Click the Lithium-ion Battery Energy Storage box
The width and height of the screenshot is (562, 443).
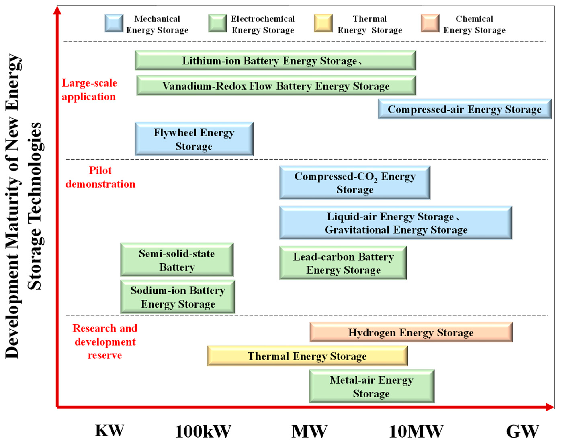275,60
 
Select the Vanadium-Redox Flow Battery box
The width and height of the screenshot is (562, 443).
276,86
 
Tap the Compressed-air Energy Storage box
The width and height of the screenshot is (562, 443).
464,109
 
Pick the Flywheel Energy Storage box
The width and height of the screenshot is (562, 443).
194,139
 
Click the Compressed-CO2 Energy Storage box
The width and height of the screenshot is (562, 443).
355,183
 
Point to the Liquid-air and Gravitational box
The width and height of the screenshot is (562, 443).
396,223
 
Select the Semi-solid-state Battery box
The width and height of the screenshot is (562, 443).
177,260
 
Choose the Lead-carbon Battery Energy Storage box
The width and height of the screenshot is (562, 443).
343,263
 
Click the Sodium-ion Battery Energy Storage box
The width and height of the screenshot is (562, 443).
178,297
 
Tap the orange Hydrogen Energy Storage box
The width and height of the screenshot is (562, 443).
411,332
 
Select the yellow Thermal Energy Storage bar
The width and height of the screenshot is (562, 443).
307,356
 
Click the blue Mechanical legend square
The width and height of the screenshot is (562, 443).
114,23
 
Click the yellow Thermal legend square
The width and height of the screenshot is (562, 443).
323,23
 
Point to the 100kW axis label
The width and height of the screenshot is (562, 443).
203,431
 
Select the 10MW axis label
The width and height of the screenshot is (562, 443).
416,431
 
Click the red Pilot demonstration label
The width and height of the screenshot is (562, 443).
100,177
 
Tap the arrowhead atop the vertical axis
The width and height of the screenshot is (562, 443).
57,10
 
